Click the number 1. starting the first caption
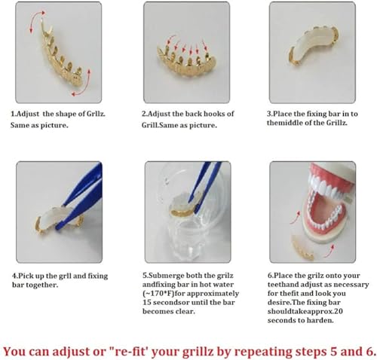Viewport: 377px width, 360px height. click(13, 114)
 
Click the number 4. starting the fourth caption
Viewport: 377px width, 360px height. click(13, 275)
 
